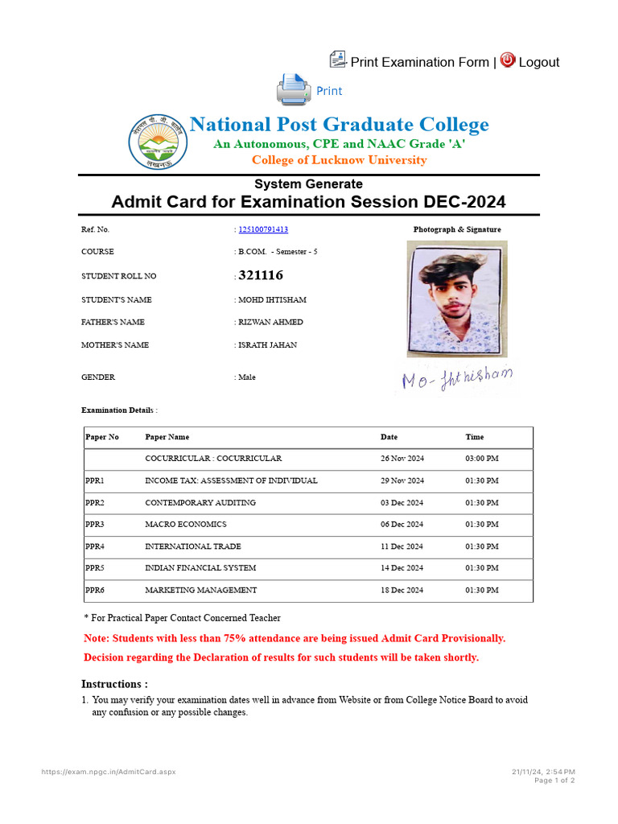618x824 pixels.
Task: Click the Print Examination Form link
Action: click(x=419, y=62)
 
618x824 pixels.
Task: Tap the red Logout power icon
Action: click(x=508, y=60)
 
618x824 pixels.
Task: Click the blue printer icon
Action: click(x=292, y=89)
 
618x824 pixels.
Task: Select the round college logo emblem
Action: click(x=158, y=142)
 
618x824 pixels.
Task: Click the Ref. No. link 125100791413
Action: click(x=263, y=229)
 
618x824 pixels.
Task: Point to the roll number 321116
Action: click(x=261, y=275)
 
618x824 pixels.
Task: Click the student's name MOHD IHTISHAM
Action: click(x=272, y=299)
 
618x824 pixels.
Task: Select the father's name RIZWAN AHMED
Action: click(x=270, y=322)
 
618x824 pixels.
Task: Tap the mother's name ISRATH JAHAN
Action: click(x=267, y=344)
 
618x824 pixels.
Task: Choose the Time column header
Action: click(x=475, y=437)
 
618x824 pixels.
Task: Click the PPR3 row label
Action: click(x=95, y=524)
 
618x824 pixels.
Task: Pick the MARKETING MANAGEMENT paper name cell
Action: click(x=201, y=590)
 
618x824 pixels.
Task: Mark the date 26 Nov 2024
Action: click(x=402, y=459)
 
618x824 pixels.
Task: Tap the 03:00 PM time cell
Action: click(x=482, y=459)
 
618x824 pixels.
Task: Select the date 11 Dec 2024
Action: click(x=402, y=546)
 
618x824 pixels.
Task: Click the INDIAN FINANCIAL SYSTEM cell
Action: click(x=200, y=568)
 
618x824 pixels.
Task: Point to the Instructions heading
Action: click(x=115, y=684)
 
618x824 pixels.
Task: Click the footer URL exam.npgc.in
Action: click(x=109, y=772)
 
